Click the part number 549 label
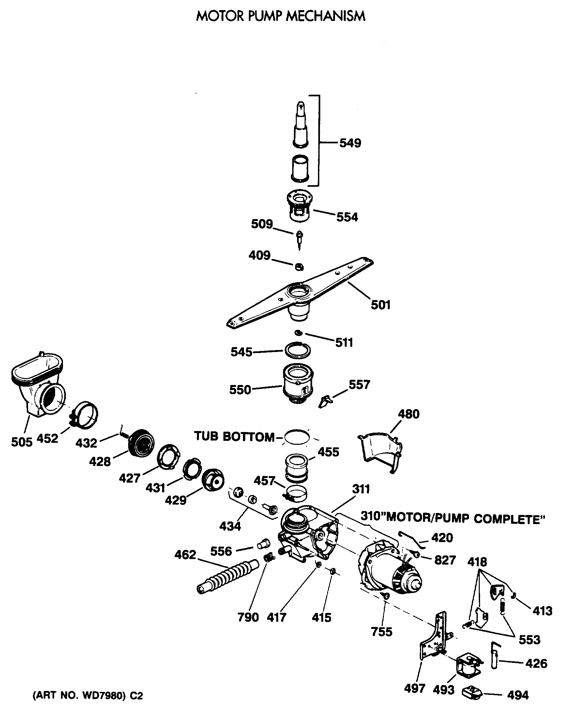point(350,143)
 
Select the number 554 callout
point(347,217)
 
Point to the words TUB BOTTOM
point(234,437)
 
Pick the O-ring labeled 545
point(297,350)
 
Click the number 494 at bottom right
point(518,695)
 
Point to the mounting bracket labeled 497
point(434,640)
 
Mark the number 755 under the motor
point(381,632)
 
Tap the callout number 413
point(542,611)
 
